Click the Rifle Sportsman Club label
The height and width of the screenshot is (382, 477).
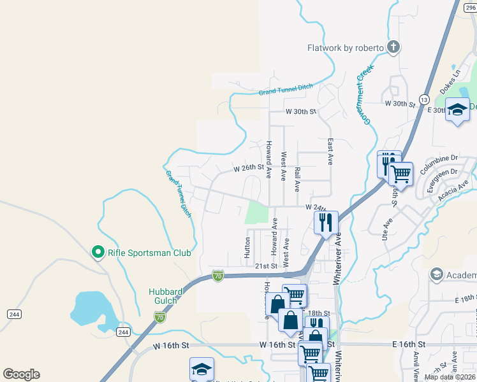[149, 253]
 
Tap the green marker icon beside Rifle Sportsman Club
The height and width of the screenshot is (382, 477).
[98, 253]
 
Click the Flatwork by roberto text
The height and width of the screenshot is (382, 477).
[345, 48]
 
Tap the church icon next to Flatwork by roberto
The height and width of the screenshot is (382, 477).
[393, 46]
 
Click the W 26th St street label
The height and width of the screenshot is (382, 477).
[248, 168]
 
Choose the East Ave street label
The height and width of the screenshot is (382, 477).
[330, 152]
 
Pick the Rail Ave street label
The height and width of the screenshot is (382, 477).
[298, 180]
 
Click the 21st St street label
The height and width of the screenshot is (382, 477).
[267, 265]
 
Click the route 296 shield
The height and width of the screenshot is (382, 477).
[470, 6]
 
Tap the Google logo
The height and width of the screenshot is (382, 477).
[21, 374]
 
